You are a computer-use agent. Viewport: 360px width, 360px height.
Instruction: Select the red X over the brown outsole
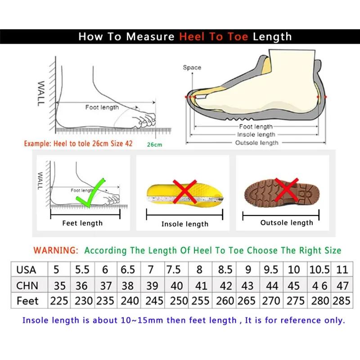[287, 189]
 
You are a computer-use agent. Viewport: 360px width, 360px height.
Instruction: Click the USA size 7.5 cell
[174, 270]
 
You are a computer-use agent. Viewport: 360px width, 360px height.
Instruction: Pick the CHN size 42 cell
[225, 286]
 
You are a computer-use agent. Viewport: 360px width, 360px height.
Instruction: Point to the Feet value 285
[342, 301]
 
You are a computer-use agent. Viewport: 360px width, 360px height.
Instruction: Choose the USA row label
[26, 270]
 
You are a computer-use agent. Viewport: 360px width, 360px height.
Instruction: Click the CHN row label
[27, 286]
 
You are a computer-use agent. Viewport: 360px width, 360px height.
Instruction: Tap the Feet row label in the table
[27, 301]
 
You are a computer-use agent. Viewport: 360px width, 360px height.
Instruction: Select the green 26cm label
[154, 144]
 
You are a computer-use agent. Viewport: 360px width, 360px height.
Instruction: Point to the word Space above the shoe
[192, 67]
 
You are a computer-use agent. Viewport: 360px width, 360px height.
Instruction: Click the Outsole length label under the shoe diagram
[256, 143]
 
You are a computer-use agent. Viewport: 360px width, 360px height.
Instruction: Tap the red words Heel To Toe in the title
[213, 37]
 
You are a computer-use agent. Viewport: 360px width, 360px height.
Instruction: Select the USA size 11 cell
[342, 270]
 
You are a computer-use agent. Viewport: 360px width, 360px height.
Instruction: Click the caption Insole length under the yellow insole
[184, 224]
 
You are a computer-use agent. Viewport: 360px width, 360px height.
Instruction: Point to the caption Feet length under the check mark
[82, 223]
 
